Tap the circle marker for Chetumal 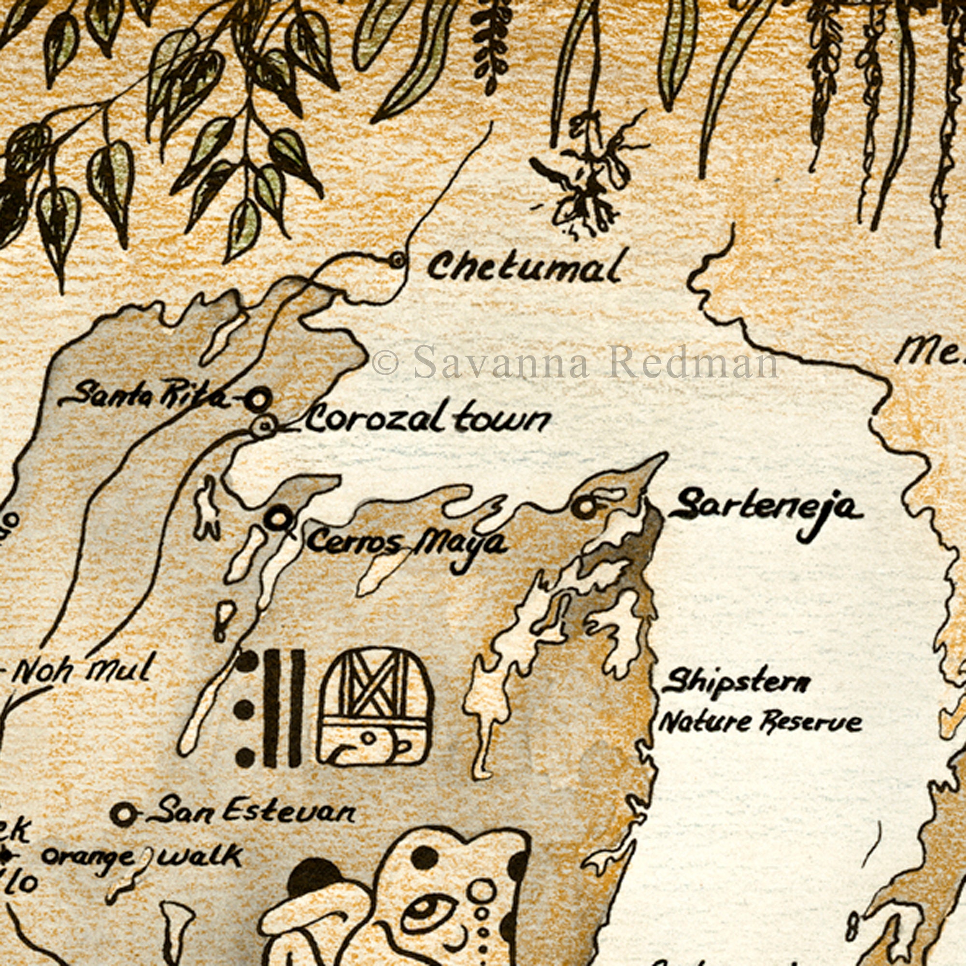pyautogui.click(x=398, y=259)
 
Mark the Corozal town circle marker pyautogui.click(x=264, y=426)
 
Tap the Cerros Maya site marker pyautogui.click(x=279, y=518)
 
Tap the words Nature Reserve pyautogui.click(x=760, y=723)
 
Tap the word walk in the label pyautogui.click(x=200, y=855)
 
